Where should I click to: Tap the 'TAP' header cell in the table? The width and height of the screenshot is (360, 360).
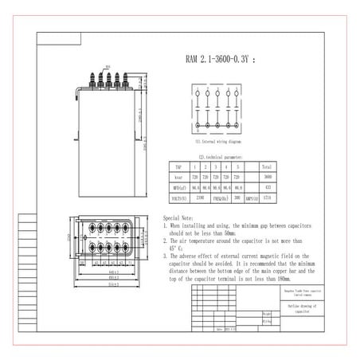click(178, 168)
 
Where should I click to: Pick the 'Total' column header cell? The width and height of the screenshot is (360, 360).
click(267, 168)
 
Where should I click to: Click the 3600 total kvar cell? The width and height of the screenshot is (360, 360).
click(267, 176)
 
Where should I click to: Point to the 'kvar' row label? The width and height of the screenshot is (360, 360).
click(178, 176)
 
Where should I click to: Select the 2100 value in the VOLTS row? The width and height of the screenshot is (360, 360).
click(200, 196)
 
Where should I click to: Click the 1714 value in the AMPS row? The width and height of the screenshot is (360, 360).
click(268, 196)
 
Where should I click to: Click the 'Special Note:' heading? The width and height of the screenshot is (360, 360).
click(178, 217)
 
